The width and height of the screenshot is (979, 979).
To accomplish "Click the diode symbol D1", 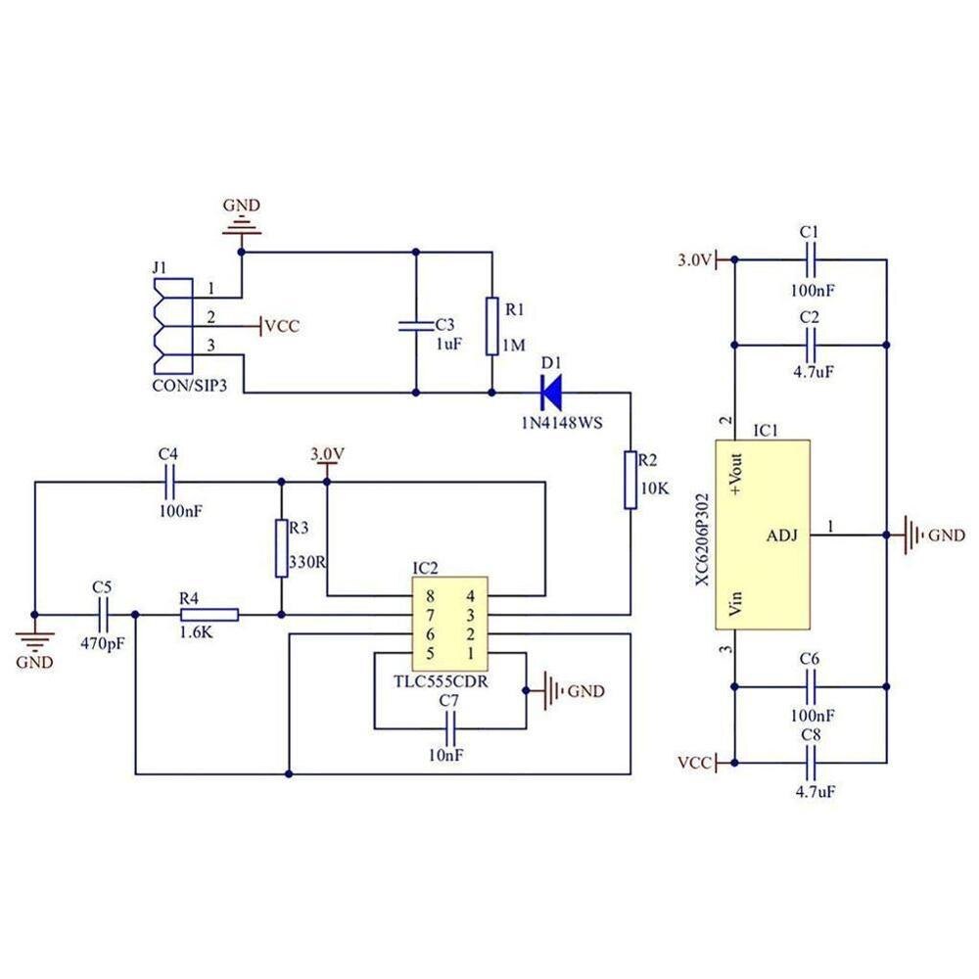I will (x=551, y=394).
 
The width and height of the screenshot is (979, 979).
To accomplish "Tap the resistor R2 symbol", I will (x=631, y=480).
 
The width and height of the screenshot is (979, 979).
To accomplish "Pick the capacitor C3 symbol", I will (x=417, y=324).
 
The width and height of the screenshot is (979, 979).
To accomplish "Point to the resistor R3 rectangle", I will (x=282, y=548).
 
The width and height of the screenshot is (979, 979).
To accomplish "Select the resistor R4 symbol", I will (x=209, y=615).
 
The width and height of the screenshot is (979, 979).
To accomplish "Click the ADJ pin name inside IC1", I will (x=782, y=536).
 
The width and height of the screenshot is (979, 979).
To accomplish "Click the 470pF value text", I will (x=102, y=645).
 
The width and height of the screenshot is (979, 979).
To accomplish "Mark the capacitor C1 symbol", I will (x=810, y=260).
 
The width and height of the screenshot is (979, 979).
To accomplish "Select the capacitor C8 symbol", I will (x=810, y=762).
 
